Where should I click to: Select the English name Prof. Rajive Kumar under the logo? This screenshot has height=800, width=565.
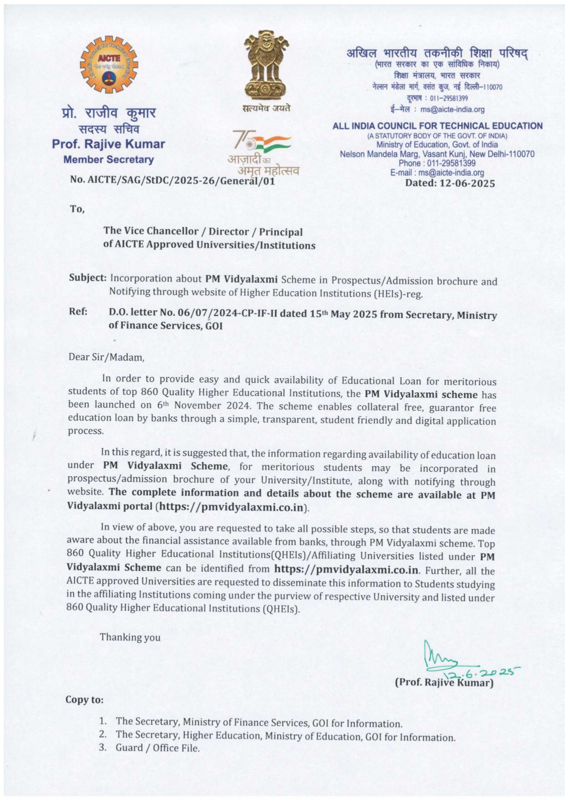point(108,144)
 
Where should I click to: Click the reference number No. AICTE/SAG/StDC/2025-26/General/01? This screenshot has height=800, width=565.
point(172,180)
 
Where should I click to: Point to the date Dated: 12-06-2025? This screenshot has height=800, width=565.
point(450,183)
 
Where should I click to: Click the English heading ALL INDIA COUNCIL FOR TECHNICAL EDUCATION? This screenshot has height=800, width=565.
point(437,126)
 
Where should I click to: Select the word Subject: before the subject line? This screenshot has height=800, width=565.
point(87,278)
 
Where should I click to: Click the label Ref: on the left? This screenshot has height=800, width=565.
point(78,312)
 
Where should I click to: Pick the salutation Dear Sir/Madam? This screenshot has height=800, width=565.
point(106,357)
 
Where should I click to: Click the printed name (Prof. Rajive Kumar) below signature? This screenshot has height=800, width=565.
point(444,682)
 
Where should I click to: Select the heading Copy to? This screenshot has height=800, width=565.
point(84,699)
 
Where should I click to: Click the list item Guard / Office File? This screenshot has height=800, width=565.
point(157,748)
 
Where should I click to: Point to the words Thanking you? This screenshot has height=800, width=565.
point(130,637)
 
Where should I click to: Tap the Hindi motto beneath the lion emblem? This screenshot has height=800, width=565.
point(266,108)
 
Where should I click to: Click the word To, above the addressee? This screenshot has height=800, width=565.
point(77,209)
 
